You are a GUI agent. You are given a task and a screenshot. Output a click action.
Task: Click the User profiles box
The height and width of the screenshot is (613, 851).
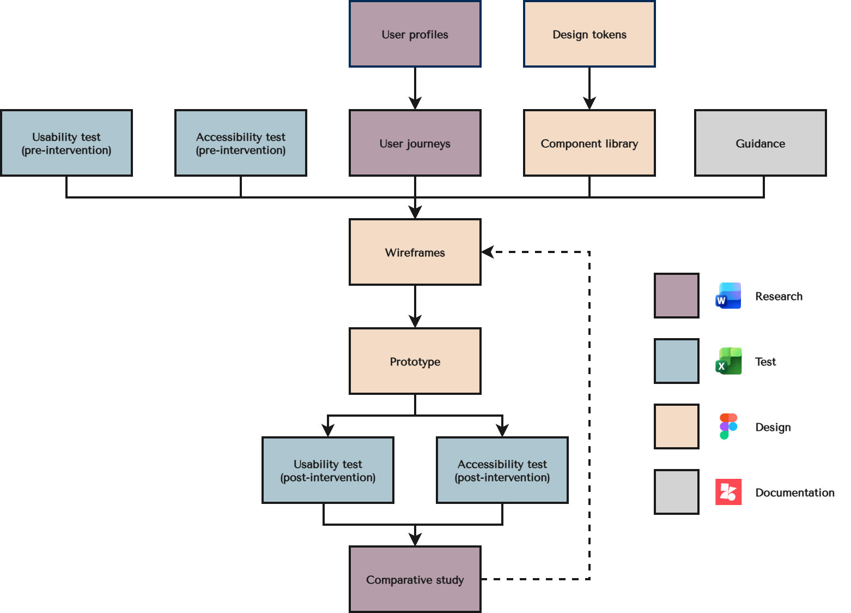(415, 34)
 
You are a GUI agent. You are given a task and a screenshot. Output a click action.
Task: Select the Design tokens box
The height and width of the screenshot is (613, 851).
(589, 34)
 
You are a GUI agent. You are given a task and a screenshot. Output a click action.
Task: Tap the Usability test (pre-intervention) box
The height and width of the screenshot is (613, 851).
(66, 143)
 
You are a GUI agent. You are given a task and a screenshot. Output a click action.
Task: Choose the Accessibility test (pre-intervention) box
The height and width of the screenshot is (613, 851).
(241, 143)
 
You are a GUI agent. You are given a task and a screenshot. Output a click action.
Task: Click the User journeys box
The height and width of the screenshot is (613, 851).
(415, 143)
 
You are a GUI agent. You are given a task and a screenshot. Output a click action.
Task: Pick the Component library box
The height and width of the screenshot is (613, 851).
(589, 143)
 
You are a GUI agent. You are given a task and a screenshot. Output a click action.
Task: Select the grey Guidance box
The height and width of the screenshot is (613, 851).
(760, 143)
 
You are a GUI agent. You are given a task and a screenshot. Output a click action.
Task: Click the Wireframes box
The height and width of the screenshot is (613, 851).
(415, 252)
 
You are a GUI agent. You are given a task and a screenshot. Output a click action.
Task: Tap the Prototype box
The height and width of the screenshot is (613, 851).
(415, 361)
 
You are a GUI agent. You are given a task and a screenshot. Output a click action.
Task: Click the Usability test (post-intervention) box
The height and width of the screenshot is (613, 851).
(327, 470)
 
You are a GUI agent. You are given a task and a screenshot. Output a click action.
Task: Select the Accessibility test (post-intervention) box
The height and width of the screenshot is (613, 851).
(502, 470)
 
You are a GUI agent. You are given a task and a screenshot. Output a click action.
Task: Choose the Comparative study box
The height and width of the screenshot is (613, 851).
(415, 579)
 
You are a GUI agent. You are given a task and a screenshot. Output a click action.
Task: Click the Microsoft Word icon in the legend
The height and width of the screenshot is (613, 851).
(728, 296)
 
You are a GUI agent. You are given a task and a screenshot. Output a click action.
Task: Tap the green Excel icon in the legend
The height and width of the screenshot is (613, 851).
(728, 361)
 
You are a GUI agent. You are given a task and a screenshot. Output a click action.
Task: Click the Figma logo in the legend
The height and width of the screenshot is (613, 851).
(728, 426)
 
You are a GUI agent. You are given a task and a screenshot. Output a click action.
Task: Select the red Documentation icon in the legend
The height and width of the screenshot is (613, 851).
(728, 492)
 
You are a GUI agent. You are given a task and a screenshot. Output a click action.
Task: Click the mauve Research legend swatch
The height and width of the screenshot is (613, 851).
(677, 296)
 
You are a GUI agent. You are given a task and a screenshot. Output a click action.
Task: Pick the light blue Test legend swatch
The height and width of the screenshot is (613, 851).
(677, 361)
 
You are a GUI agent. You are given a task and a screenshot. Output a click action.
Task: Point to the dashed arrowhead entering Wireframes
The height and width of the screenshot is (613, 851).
(488, 252)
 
